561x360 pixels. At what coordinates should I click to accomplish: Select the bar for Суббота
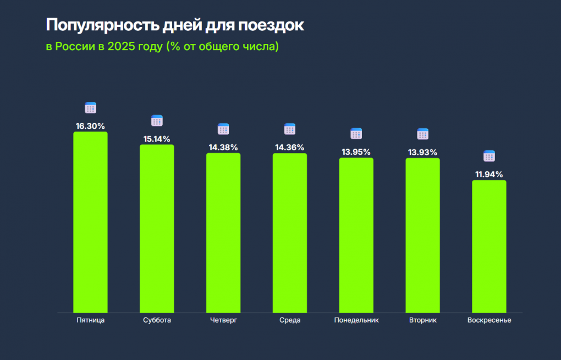157,228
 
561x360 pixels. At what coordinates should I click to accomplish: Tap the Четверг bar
223,232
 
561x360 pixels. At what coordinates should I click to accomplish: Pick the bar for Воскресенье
489,246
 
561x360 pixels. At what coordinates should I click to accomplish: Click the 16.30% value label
90,126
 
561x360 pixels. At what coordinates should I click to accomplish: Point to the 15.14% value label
157,139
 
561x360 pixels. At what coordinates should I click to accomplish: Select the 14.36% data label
290,148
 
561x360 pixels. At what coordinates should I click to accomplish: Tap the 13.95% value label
356,152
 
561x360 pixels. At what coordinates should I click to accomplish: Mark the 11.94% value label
489,174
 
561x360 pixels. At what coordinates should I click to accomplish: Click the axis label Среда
290,320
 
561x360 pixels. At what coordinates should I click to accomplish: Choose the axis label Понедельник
356,320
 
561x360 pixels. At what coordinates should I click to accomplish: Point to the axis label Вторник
423,320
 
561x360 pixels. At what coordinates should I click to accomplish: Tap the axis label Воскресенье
489,320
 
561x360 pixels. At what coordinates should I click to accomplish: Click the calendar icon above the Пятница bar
90,108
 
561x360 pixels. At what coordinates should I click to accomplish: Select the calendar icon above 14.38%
223,129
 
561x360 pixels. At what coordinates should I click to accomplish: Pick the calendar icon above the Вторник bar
422,134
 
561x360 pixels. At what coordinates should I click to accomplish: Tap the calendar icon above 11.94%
489,156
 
